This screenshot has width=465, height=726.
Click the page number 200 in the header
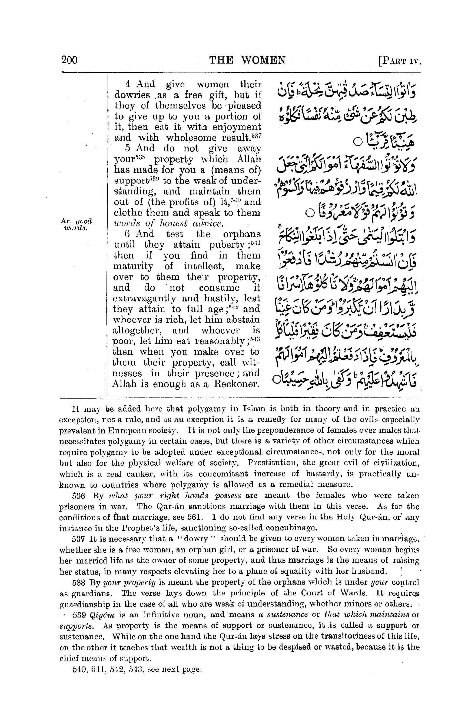(69, 60)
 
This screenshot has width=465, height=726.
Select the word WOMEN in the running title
(263, 60)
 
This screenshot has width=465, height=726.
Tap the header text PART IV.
(400, 61)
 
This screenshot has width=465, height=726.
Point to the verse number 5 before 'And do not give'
(127, 148)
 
